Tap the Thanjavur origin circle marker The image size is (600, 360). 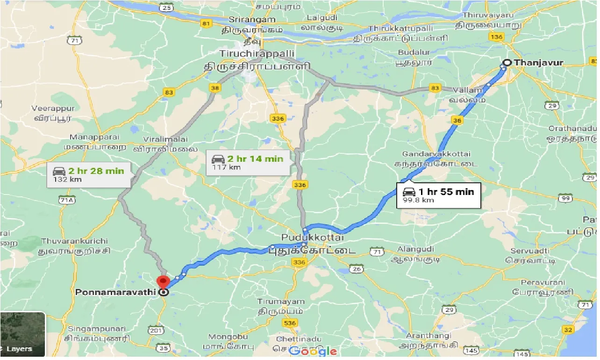point(507,62)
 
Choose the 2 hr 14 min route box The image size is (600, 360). point(248,162)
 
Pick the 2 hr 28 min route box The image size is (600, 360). point(89,174)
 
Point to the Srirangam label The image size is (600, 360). point(247,21)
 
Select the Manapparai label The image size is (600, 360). point(94,137)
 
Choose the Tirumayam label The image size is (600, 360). point(280,302)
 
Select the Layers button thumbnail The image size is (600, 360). point(22,334)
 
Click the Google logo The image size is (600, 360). point(313,351)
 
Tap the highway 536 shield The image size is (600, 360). point(290,323)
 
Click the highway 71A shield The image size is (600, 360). point(67,201)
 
